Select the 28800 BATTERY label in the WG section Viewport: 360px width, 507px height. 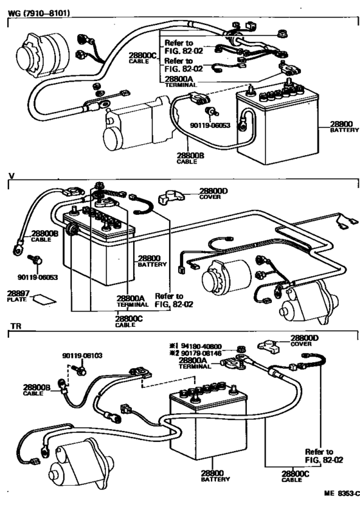click(343, 126)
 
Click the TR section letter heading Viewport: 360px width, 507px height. click(16, 327)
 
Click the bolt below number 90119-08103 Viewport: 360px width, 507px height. click(80, 369)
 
